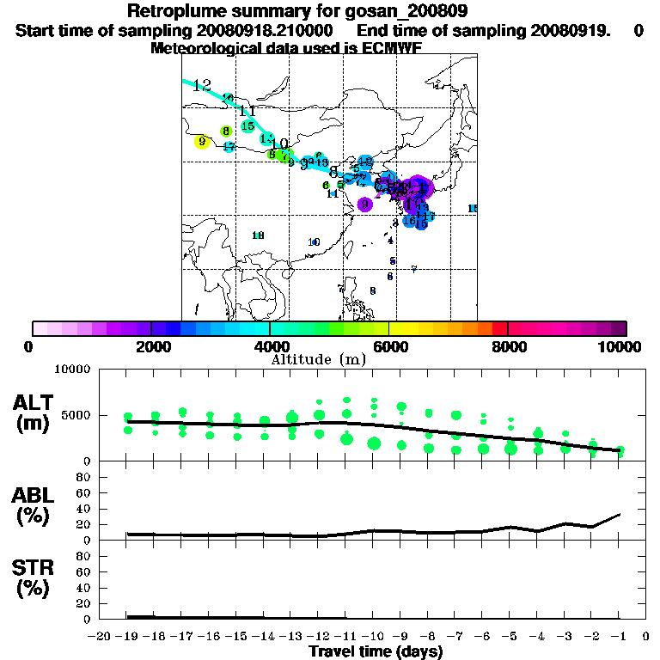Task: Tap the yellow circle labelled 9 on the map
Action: coord(202,142)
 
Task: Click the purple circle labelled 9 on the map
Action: coord(365,204)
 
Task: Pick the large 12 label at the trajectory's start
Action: coord(202,85)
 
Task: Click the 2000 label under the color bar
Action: coord(150,346)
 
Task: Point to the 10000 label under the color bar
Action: coord(621,346)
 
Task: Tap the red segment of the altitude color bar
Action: coord(500,328)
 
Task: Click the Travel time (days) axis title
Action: coord(376,651)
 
